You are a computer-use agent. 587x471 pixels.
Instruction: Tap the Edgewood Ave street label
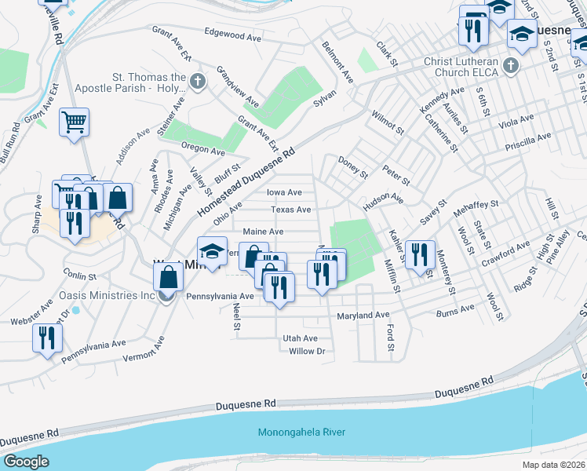click(232, 37)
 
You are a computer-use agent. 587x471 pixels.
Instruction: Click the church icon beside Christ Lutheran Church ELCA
click(511, 66)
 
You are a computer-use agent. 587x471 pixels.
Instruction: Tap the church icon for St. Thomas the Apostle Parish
click(197, 81)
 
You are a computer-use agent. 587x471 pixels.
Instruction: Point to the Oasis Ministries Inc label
click(108, 296)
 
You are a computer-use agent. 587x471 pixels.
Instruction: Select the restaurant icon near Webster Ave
click(47, 338)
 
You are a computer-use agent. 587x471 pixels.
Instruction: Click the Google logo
click(26, 462)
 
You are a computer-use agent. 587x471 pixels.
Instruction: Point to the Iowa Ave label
click(284, 192)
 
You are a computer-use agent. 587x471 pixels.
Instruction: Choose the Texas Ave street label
click(291, 210)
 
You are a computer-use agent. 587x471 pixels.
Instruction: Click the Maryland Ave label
click(363, 316)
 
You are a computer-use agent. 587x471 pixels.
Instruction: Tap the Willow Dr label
click(307, 351)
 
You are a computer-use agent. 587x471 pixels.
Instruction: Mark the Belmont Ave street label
click(337, 62)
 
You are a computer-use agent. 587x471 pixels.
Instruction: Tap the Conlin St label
click(79, 276)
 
